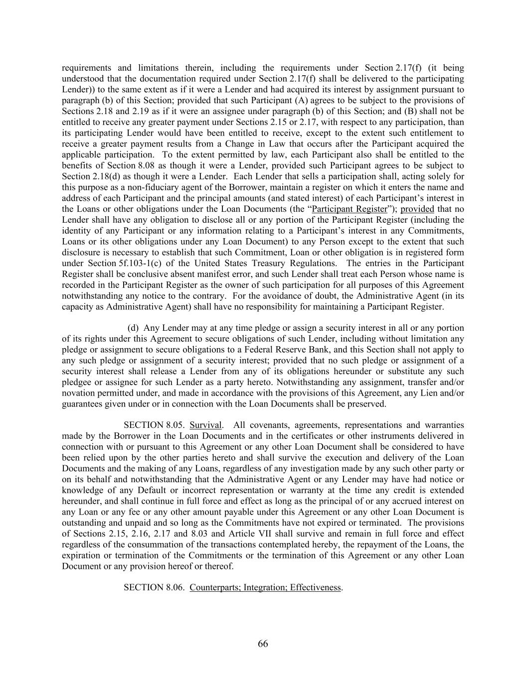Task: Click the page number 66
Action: pos(263,644)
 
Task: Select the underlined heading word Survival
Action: pos(206,425)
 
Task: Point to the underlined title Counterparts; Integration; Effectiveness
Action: pos(265,587)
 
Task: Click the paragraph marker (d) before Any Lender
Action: pos(133,328)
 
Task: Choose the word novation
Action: pos(78,393)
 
